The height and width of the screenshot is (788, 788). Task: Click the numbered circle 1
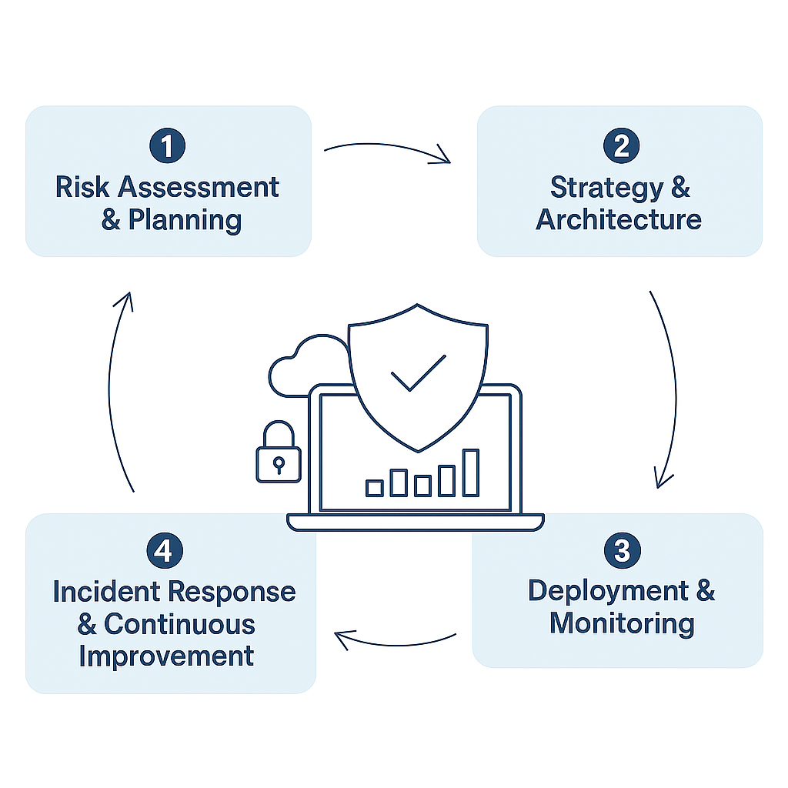pos(167,145)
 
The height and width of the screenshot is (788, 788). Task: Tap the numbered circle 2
pos(621,145)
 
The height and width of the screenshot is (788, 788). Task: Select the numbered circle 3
pos(622,550)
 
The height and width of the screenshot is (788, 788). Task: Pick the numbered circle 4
pos(165,550)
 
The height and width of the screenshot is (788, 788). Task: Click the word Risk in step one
pos(82,187)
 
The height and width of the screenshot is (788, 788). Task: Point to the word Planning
pos(185,220)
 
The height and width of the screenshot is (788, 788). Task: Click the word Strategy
pos(607,188)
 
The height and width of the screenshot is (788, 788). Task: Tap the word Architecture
pos(619,219)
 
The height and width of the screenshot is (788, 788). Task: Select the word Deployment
pos(608,592)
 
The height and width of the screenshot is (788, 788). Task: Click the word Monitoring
pos(622,624)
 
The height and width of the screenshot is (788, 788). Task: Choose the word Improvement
pos(166,656)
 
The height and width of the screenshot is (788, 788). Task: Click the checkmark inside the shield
pos(418,373)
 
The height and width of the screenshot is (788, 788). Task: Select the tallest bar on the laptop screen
pos(470,473)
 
